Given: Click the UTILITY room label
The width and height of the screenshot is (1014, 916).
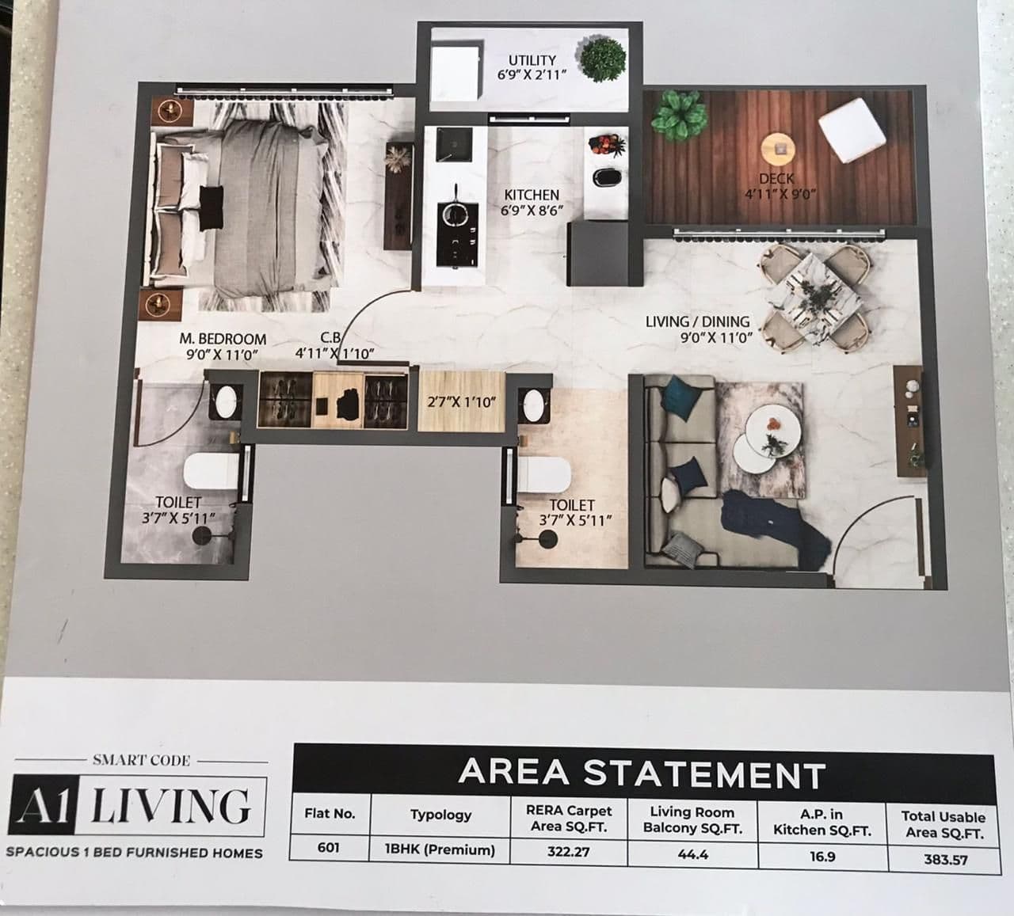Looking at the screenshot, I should pos(532,60).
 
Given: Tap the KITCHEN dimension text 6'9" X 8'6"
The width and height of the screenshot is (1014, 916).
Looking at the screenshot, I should pos(532,211).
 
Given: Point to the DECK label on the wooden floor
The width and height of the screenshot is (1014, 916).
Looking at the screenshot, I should pos(776,179).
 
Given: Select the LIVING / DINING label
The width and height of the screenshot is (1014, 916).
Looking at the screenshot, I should pos(697,321).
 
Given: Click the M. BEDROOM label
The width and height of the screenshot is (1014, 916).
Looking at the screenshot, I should pos(222,339).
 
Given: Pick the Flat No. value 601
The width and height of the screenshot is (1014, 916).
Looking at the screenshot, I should pos(329,848).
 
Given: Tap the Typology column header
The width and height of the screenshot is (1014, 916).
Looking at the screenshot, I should pos(440,814).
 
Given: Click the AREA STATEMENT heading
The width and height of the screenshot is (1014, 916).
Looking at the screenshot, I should pos(642,773).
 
